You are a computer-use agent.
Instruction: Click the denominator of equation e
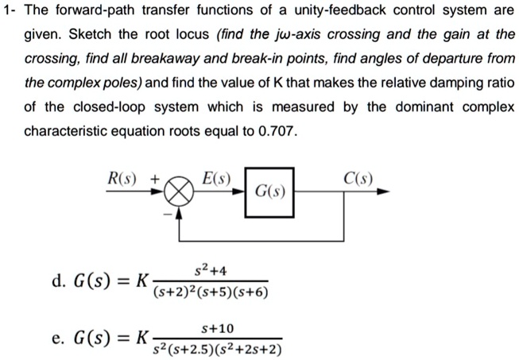[x=219, y=349]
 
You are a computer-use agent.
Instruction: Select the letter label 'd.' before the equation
[x=57, y=281]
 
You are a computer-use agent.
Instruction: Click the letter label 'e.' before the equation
[x=57, y=339]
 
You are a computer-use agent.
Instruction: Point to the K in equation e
[x=142, y=339]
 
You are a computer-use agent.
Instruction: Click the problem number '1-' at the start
[x=11, y=12]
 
